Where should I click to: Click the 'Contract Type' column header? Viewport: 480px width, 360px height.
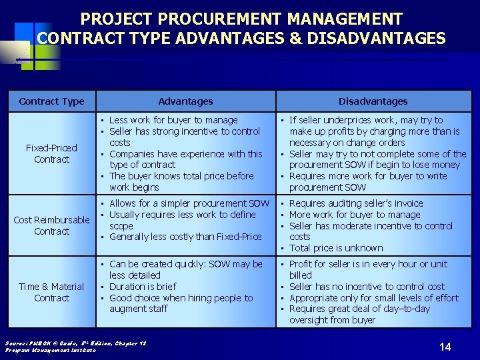51,101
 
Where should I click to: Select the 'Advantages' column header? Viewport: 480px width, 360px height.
185,101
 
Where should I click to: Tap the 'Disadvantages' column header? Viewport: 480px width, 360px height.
373,101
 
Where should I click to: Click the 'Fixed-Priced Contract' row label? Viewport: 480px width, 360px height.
51,153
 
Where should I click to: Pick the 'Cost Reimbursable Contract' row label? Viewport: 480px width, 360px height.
51,225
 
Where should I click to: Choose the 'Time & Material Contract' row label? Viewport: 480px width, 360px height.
51,292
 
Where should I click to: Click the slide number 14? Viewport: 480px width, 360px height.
445,346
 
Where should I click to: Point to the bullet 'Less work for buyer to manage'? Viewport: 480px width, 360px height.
173,120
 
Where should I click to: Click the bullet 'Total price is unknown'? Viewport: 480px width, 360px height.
336,248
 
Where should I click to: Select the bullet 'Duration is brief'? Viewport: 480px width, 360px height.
143,287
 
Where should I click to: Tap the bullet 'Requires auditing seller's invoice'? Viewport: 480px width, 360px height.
356,203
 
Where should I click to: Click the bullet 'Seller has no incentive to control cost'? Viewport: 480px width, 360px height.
367,287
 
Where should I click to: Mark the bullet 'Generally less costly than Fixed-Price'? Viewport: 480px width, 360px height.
185,237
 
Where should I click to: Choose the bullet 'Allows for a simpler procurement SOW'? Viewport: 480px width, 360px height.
189,203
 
